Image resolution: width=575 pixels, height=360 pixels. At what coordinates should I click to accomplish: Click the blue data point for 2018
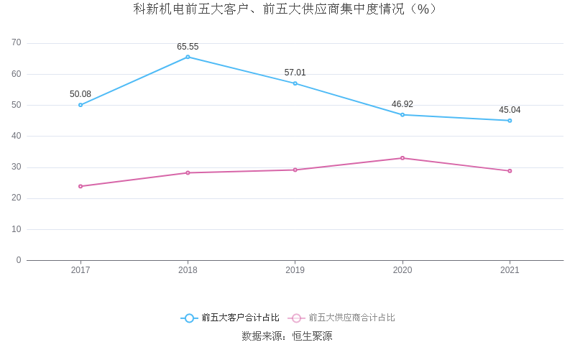click(188, 57)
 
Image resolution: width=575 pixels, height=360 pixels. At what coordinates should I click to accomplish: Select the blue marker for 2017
click(80, 105)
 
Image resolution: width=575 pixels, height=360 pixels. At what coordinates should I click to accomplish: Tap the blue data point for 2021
click(510, 121)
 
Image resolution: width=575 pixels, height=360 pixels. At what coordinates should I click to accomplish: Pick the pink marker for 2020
click(402, 158)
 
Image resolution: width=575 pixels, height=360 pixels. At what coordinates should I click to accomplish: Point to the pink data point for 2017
click(80, 186)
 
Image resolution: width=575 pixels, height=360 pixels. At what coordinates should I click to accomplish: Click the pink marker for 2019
click(295, 170)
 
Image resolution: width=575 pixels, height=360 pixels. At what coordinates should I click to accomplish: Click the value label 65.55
click(188, 47)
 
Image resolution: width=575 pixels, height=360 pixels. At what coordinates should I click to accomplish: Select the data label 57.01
click(295, 73)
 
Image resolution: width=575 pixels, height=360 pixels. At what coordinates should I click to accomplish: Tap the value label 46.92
click(402, 104)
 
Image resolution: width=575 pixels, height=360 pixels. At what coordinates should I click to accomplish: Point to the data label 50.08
click(80, 94)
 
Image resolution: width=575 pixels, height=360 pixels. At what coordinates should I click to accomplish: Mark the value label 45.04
click(510, 110)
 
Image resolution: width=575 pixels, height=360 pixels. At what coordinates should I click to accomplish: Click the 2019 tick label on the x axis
click(295, 270)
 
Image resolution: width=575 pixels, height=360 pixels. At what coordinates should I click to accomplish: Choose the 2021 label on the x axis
click(510, 270)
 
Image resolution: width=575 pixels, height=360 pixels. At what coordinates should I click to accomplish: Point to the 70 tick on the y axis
click(17, 43)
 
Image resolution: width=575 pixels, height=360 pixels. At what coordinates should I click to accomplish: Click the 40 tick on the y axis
click(17, 136)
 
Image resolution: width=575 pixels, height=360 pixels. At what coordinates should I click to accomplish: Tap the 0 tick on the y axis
click(19, 260)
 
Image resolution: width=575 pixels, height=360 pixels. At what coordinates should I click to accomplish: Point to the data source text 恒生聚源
click(312, 336)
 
